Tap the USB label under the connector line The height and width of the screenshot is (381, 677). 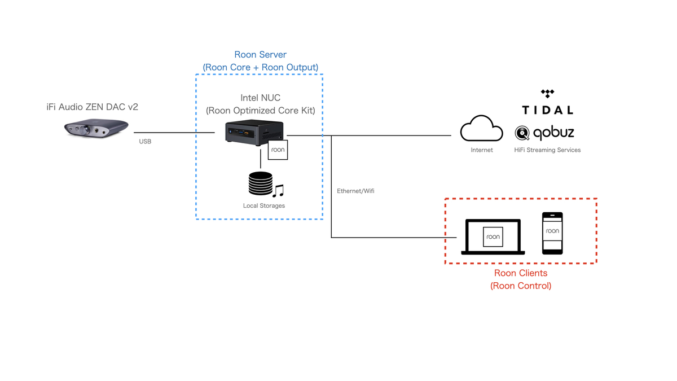pyautogui.click(x=145, y=142)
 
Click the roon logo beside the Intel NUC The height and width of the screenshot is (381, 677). pyautogui.click(x=278, y=150)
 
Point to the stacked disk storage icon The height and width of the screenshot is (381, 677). pyautogui.click(x=260, y=185)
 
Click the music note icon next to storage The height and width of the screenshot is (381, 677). pyautogui.click(x=278, y=191)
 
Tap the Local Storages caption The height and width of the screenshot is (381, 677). pyautogui.click(x=263, y=206)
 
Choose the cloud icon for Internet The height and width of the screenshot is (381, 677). pyautogui.click(x=481, y=130)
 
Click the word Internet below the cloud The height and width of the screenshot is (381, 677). pyautogui.click(x=482, y=150)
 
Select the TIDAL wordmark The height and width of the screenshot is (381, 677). pyautogui.click(x=547, y=110)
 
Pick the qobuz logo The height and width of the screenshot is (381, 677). pyautogui.click(x=544, y=133)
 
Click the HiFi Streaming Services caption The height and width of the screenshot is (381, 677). pyautogui.click(x=547, y=150)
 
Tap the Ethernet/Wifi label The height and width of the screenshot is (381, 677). pyautogui.click(x=355, y=191)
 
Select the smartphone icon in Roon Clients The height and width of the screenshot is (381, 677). pyautogui.click(x=552, y=233)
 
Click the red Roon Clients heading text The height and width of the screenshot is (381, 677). pyautogui.click(x=521, y=273)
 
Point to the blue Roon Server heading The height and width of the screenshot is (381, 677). pyautogui.click(x=260, y=55)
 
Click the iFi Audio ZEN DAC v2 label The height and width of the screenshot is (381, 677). pyautogui.click(x=92, y=107)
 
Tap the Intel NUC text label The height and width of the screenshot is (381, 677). pyautogui.click(x=260, y=98)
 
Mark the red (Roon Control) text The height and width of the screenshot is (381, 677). pyautogui.click(x=521, y=286)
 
